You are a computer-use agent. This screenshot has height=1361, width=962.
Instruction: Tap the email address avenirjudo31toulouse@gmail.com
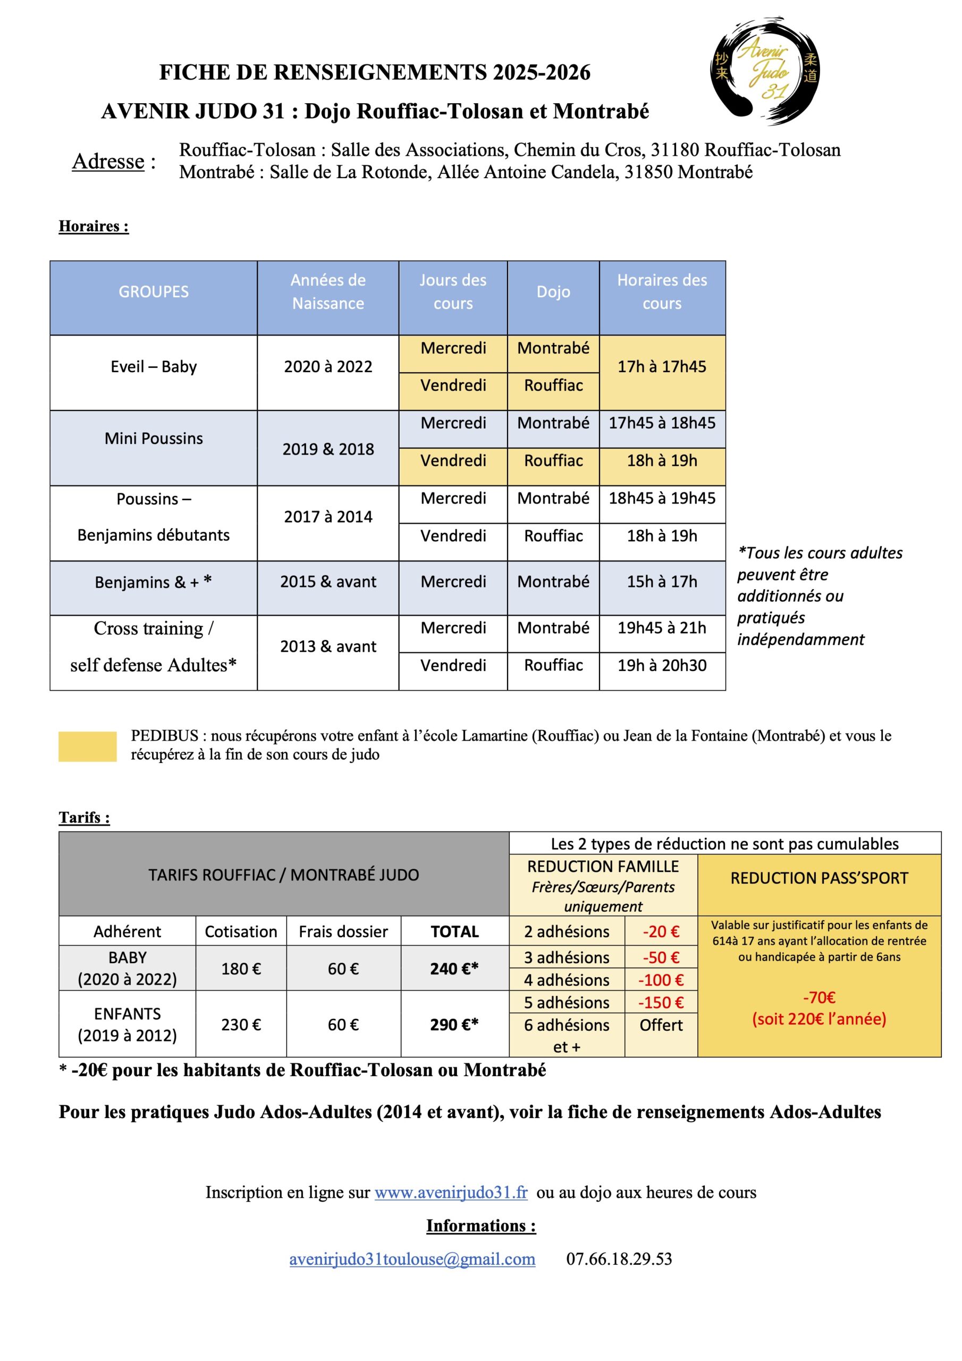coord(412,1259)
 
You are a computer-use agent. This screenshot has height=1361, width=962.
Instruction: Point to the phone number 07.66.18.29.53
coord(619,1259)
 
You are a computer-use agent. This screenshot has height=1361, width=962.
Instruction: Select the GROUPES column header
coord(154,292)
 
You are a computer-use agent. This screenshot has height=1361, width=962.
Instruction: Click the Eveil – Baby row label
coord(154,367)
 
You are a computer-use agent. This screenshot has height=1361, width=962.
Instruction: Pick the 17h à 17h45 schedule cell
coord(662,367)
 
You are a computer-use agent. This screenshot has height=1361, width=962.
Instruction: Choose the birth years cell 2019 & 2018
coord(328,449)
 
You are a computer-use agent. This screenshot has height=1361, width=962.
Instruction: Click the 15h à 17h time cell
coord(662,582)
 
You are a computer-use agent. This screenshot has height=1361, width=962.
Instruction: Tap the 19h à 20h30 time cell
coord(662,665)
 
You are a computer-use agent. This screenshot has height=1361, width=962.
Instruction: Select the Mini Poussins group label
coord(154,439)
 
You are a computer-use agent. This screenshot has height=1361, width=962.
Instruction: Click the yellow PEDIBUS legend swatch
coord(87,746)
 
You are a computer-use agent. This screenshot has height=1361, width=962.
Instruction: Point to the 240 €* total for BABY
coord(454,969)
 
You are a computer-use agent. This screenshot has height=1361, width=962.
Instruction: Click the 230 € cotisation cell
coord(241,1025)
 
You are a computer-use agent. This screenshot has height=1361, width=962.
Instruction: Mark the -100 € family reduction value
coord(660,980)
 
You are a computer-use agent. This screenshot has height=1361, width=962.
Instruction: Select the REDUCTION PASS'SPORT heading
coord(818,878)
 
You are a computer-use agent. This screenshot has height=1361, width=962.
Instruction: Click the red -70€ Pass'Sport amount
coord(818,998)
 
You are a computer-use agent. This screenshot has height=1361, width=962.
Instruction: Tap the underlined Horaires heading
coord(93,226)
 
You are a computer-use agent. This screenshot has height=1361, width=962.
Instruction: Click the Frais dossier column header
coord(343,932)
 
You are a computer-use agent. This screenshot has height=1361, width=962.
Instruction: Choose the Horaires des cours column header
coord(662,292)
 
